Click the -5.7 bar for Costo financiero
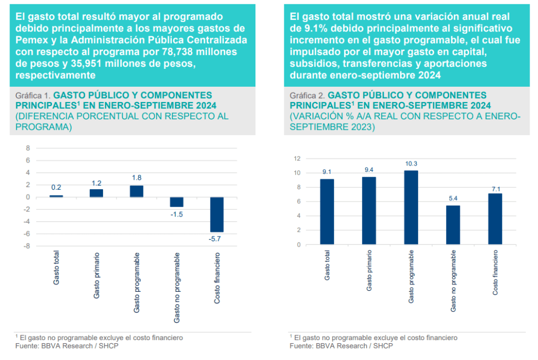click(x=216, y=214)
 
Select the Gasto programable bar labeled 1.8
click(x=137, y=191)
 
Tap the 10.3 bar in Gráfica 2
click(x=411, y=208)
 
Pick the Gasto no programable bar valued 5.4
click(x=452, y=225)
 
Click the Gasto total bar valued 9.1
click(x=327, y=212)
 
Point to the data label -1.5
click(x=176, y=214)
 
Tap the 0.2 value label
click(x=57, y=188)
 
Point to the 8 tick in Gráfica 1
click(x=29, y=148)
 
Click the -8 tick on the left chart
click(x=27, y=246)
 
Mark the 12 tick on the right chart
click(x=297, y=159)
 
